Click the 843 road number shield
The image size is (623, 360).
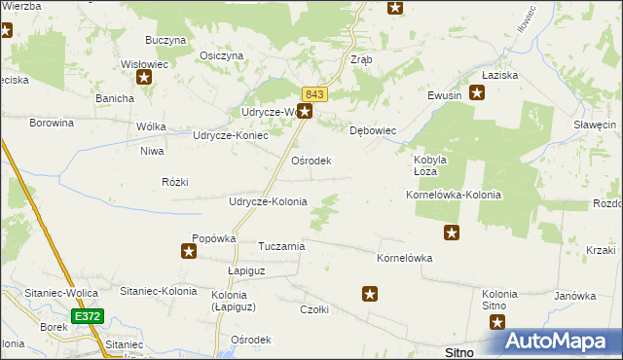[x=313, y=93]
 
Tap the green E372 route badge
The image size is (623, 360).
[x=85, y=316]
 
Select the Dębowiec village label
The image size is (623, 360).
[x=372, y=130]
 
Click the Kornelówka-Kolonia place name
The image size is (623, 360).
[x=453, y=195]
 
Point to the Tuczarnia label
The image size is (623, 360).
[x=281, y=246]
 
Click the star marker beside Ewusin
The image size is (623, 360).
[x=477, y=93]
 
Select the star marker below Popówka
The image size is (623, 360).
[x=189, y=252]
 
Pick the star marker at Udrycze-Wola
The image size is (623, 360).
[x=305, y=112]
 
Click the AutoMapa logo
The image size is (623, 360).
[x=562, y=342]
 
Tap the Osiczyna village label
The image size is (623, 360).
[x=221, y=55]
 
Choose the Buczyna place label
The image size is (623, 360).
[x=165, y=40]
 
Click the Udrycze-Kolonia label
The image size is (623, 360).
[x=267, y=201]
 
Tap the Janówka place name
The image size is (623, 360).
[x=574, y=296]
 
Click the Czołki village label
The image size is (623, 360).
[x=314, y=309]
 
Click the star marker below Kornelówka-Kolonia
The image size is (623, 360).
[x=452, y=233]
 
